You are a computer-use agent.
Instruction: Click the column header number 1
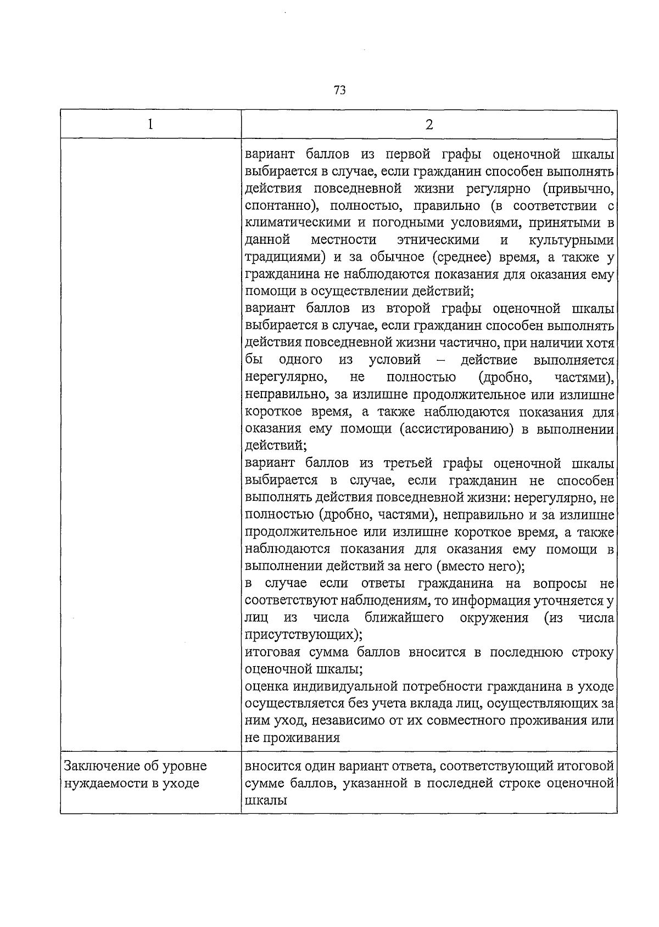click(x=150, y=124)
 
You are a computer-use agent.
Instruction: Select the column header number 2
click(x=429, y=125)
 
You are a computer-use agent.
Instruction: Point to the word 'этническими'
click(x=438, y=240)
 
